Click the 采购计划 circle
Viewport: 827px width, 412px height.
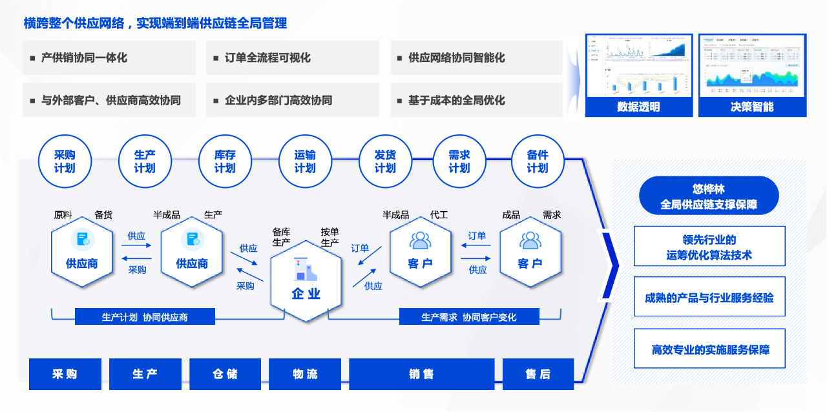coord(65,161)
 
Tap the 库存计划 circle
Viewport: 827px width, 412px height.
coord(225,161)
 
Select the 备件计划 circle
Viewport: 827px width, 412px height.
coord(537,161)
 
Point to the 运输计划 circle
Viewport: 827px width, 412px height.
coord(305,161)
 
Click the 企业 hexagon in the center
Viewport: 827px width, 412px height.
coord(306,282)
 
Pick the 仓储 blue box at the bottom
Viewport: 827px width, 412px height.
coord(225,374)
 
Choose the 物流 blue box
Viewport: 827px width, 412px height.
coord(305,374)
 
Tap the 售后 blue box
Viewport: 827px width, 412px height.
coord(538,374)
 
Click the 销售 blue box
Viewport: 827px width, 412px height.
coord(421,374)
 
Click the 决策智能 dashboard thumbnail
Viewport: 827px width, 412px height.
coord(752,75)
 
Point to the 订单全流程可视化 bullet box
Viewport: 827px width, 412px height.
coord(293,58)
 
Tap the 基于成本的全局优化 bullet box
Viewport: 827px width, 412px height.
coord(476,101)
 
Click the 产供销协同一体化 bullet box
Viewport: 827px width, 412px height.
coord(109,58)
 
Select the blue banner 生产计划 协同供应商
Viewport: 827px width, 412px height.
coord(145,317)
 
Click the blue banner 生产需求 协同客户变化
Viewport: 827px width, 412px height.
coord(468,317)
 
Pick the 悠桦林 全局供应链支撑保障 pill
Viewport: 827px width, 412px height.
coord(709,196)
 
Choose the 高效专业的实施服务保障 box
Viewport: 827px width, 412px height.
coord(709,349)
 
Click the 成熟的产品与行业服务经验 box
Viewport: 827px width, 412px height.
coord(709,297)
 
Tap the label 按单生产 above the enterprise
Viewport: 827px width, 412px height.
coord(330,237)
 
